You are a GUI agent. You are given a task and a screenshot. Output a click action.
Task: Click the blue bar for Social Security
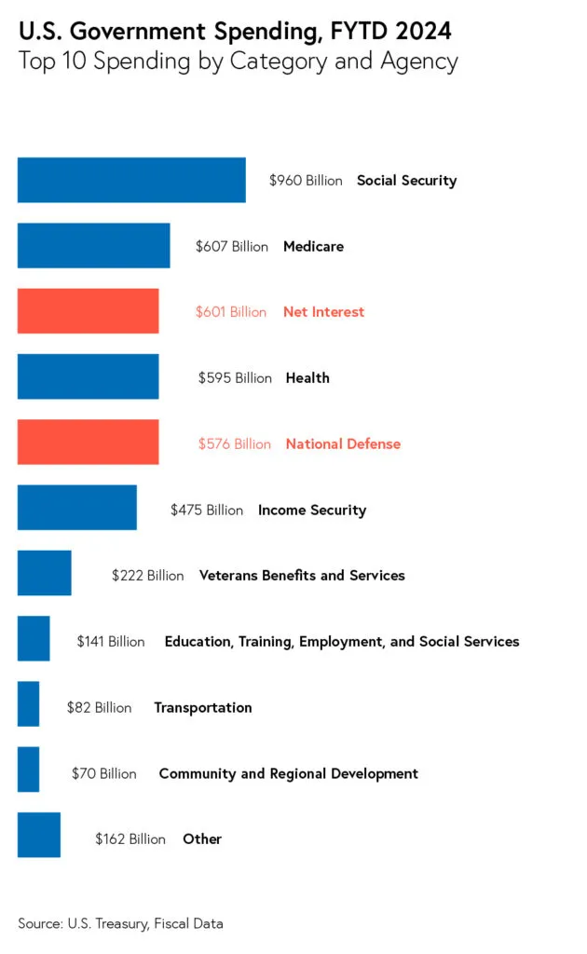click(x=131, y=180)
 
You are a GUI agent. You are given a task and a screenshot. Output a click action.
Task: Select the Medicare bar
click(x=93, y=246)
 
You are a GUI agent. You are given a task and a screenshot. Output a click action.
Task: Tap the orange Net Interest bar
click(x=88, y=311)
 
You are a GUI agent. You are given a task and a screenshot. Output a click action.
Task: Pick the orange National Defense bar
click(x=88, y=443)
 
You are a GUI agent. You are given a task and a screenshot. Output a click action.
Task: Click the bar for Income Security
click(x=76, y=509)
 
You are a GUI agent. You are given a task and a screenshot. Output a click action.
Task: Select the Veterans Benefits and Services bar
click(x=44, y=574)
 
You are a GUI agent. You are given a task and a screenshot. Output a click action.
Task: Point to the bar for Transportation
click(x=28, y=704)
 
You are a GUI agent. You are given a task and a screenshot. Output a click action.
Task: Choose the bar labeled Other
click(x=38, y=835)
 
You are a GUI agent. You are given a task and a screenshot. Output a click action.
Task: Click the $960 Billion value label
click(x=306, y=181)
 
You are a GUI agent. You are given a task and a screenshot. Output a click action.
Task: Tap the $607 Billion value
click(x=231, y=247)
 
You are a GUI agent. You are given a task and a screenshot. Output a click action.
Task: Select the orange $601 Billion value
click(x=230, y=312)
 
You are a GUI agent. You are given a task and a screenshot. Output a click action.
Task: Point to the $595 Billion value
click(x=235, y=378)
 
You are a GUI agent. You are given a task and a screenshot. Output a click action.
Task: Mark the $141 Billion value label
click(x=111, y=642)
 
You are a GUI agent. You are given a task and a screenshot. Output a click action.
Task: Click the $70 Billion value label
click(x=103, y=773)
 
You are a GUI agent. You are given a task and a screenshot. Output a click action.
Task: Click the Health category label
click(x=307, y=378)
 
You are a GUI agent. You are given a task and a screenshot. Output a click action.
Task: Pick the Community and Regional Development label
click(x=288, y=773)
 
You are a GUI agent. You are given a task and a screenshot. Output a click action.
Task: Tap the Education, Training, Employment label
click(x=341, y=642)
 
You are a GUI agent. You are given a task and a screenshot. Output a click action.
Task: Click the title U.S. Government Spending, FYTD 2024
click(x=235, y=31)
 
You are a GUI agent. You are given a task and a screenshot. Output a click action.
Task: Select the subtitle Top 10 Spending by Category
click(x=238, y=62)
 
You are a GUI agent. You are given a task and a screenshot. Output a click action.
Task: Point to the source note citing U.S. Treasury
click(x=120, y=923)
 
